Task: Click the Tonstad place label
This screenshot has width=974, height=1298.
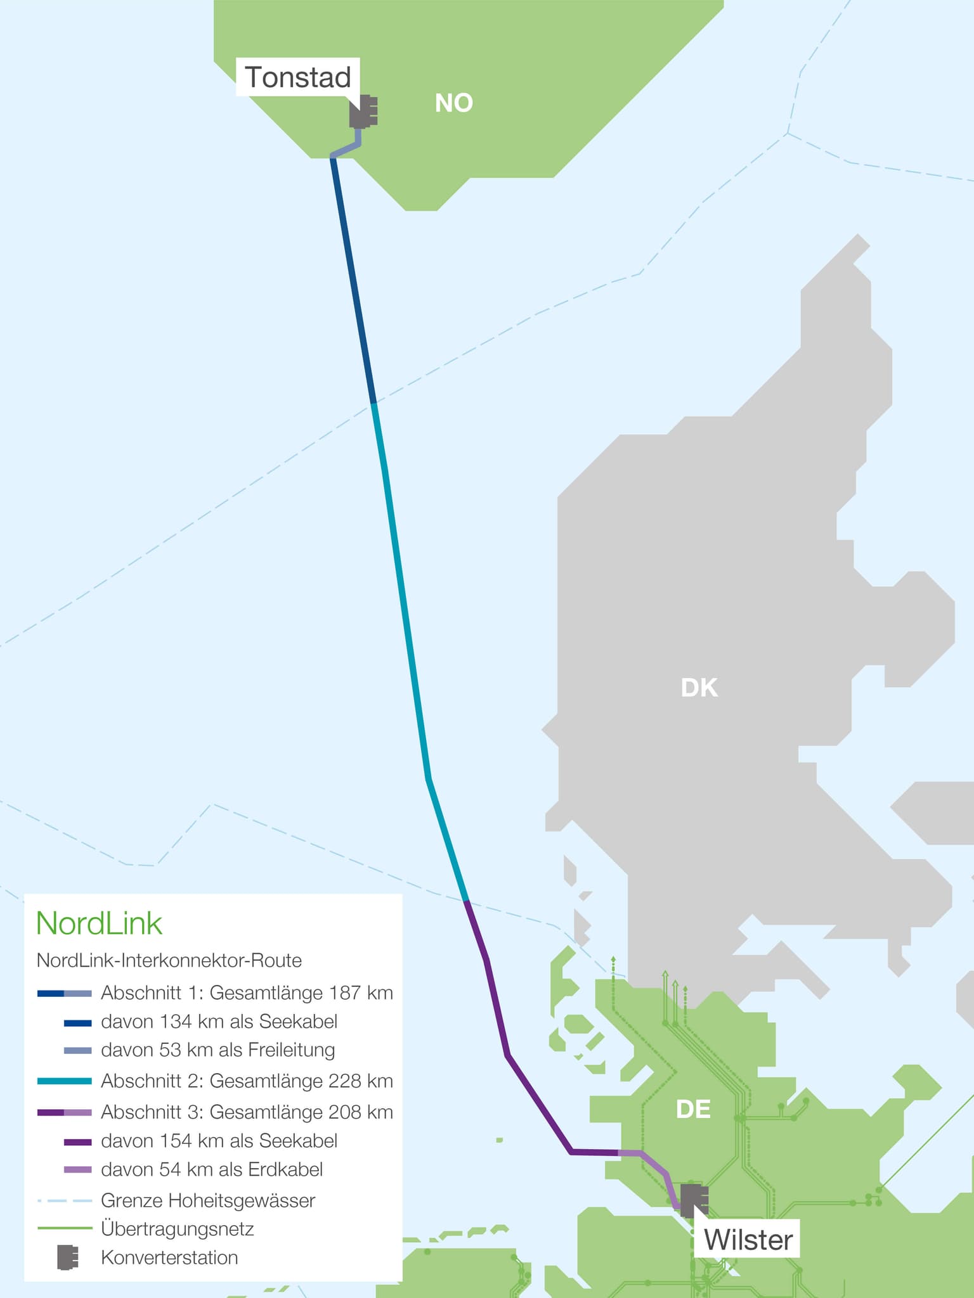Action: (297, 77)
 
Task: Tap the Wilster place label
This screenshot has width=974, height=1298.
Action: (748, 1240)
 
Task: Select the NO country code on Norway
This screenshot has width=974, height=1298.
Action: (453, 103)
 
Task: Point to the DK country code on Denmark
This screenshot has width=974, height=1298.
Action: (699, 688)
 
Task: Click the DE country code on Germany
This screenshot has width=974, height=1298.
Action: (693, 1109)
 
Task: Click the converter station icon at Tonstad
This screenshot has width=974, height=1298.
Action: (363, 112)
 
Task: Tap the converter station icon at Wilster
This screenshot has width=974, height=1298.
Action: (694, 1200)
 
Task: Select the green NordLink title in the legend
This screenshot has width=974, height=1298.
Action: (99, 923)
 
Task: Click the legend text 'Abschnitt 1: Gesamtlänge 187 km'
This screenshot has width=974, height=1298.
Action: (247, 993)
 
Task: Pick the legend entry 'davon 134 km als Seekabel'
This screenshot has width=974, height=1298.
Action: (219, 1022)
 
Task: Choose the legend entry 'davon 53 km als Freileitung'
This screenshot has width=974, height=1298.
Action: (218, 1050)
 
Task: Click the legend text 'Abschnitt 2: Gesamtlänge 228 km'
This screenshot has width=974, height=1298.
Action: (247, 1081)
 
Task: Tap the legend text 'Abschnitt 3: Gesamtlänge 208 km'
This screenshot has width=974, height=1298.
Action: (247, 1112)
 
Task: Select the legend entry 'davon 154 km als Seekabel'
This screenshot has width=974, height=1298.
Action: (219, 1141)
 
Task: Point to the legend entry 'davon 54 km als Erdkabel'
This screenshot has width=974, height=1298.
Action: (212, 1169)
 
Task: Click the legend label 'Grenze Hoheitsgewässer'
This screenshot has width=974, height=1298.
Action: (208, 1200)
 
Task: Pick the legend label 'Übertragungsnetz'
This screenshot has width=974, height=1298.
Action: (178, 1229)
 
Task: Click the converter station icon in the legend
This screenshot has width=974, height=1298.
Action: (67, 1257)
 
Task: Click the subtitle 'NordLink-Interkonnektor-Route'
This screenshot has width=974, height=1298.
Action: (169, 960)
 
